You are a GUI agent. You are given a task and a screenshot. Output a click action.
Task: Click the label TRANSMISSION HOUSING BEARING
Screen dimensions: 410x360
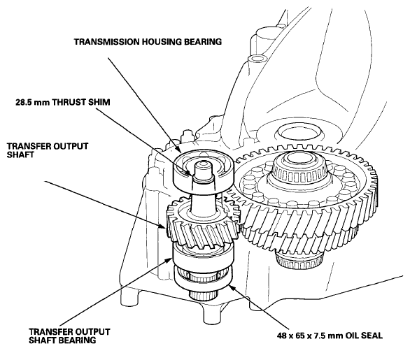pos(148,42)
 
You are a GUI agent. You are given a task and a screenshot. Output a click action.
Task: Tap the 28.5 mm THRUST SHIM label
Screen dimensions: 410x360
pos(63,102)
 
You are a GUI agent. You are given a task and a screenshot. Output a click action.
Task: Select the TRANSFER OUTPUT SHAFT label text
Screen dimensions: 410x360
pos(48,150)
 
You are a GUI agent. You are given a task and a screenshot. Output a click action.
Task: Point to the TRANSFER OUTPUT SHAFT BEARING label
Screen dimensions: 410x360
pos(69,336)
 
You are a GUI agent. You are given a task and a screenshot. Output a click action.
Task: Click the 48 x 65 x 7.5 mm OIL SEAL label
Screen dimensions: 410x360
pos(330,336)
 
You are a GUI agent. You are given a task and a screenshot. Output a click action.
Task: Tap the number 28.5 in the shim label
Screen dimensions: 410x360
pos(23,102)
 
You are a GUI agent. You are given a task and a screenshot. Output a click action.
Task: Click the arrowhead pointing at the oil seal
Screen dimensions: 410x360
pos(232,287)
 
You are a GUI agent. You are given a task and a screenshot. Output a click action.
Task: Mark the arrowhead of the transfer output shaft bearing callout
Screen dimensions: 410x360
pos(169,259)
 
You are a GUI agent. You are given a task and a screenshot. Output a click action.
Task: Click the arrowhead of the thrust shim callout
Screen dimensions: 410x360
pos(190,173)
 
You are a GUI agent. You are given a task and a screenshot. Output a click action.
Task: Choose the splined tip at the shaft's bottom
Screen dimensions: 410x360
pos(203,296)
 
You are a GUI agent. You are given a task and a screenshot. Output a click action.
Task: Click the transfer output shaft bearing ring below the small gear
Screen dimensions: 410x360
pos(203,259)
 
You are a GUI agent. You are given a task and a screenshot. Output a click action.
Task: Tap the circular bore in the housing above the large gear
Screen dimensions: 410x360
pos(301,132)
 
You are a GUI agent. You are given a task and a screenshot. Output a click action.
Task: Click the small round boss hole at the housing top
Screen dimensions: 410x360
pos(257,58)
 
